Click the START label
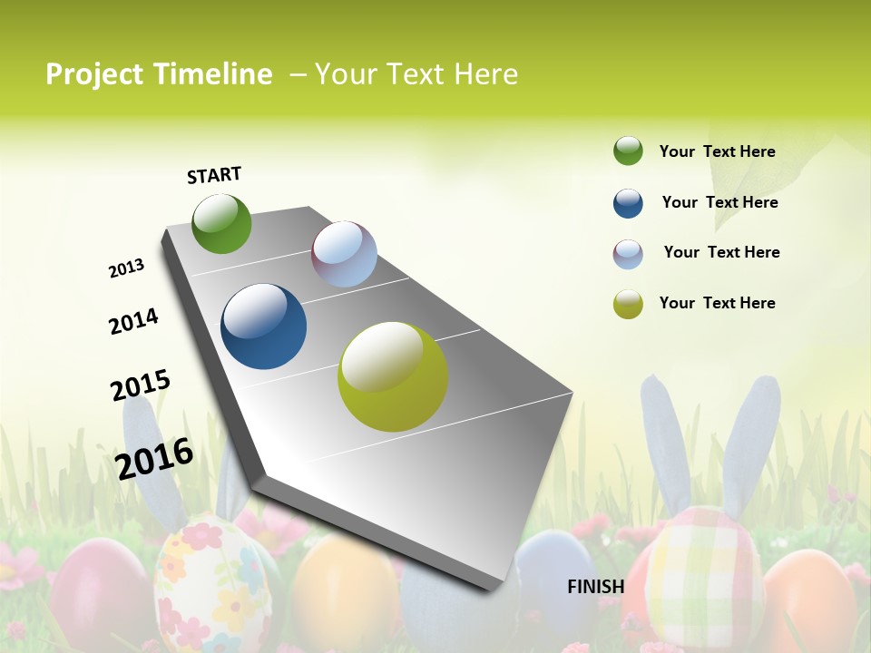point(214,175)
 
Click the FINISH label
point(595,587)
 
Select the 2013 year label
point(126,268)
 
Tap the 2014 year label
point(133,321)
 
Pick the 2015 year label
point(141,385)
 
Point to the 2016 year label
point(154,458)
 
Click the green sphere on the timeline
point(221,224)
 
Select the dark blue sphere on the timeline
point(263,326)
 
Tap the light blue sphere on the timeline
point(344,254)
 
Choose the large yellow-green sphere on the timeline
point(393,376)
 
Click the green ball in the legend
point(628,151)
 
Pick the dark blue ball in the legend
point(628,203)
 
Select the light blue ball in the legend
point(628,254)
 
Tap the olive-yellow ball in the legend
point(628,304)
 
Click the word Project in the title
point(95,74)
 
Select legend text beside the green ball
point(717,151)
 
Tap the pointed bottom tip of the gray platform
point(494,588)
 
